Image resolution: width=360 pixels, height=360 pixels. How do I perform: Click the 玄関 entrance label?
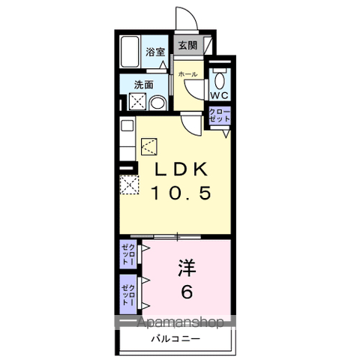pyautogui.click(x=187, y=46)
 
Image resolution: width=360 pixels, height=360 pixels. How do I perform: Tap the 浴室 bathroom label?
pyautogui.click(x=155, y=52)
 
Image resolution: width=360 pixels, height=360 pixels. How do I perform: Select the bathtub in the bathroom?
pyautogui.click(x=129, y=52)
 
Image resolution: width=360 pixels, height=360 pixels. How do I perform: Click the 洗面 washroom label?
pyautogui.click(x=143, y=85)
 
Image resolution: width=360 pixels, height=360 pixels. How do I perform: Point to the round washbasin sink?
pyautogui.click(x=157, y=103)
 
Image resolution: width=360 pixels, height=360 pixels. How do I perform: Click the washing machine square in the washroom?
pyautogui.click(x=137, y=101)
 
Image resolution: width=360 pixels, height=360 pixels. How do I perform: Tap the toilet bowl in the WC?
pyautogui.click(x=220, y=79)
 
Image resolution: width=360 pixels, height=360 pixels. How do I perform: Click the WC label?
pyautogui.click(x=219, y=95)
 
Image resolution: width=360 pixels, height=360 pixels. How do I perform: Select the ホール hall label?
pyautogui.click(x=187, y=74)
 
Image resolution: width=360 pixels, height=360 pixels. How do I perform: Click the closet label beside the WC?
pyautogui.click(x=220, y=115)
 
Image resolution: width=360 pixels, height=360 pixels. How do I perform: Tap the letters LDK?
pyautogui.click(x=181, y=169)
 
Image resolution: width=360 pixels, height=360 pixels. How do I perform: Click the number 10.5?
pyautogui.click(x=181, y=193)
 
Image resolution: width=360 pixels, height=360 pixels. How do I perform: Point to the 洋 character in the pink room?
pyautogui.click(x=187, y=268)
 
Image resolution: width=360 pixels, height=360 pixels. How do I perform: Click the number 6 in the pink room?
pyautogui.click(x=187, y=292)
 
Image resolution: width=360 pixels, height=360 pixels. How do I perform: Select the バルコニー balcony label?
pyautogui.click(x=175, y=339)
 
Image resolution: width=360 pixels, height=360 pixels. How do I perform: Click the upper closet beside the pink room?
pyautogui.click(x=128, y=254)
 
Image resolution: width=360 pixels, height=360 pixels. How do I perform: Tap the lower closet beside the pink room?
pyautogui.click(x=128, y=294)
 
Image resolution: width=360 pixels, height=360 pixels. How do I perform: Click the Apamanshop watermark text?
pyautogui.click(x=181, y=322)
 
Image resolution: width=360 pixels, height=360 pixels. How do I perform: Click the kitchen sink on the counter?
pyautogui.click(x=127, y=126)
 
